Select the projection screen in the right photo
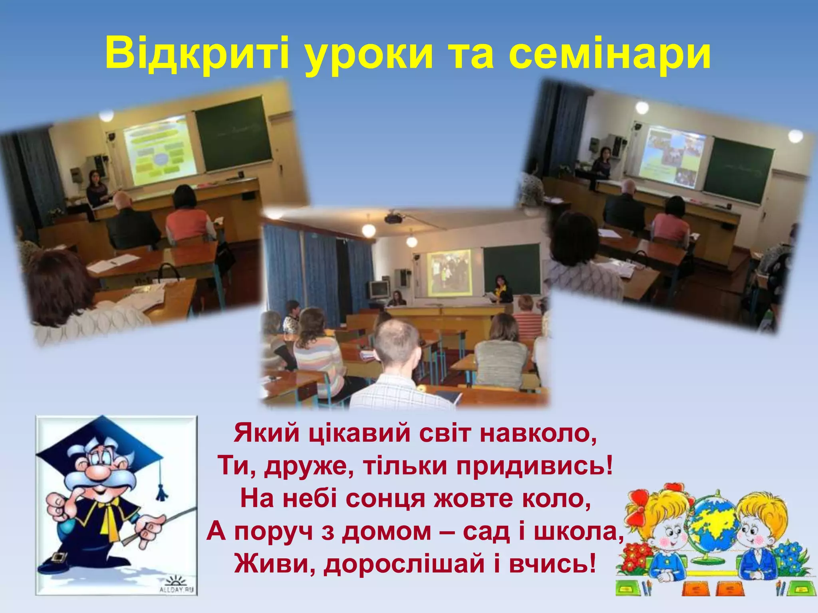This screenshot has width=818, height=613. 673,156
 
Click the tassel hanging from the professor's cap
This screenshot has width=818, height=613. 161,491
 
